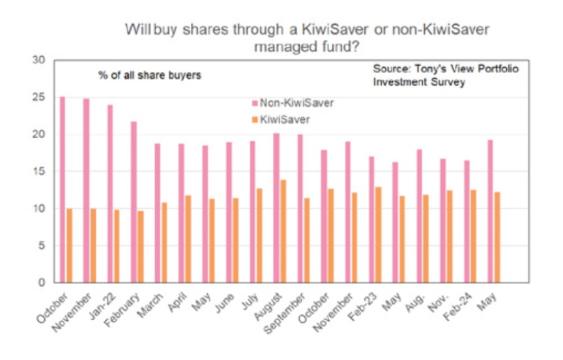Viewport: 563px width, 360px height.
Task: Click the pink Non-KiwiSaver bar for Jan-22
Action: [x=110, y=194]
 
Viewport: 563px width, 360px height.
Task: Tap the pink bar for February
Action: [x=134, y=202]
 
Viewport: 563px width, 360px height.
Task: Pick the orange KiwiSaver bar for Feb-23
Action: [x=378, y=235]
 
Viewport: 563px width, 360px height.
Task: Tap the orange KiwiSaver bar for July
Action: [x=259, y=235]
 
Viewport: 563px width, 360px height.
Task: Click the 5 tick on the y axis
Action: [x=42, y=246]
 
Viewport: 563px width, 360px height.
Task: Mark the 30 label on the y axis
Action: [x=40, y=60]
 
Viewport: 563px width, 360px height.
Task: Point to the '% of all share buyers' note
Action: [x=149, y=75]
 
